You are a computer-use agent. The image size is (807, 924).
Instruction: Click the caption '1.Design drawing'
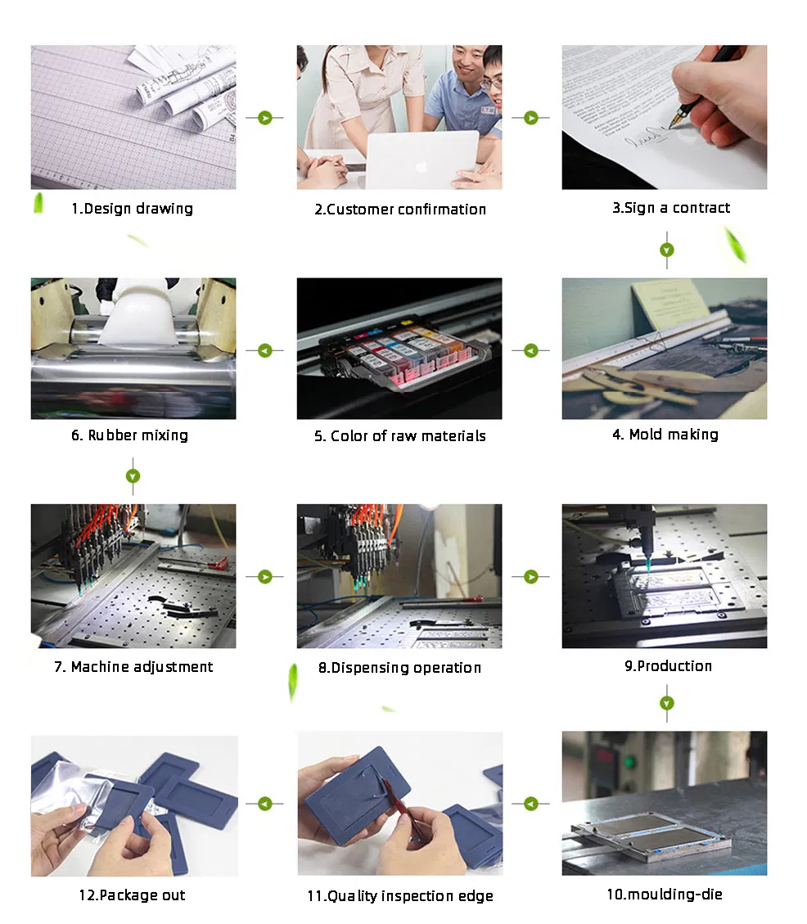132,209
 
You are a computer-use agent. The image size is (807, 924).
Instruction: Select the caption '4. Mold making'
665,435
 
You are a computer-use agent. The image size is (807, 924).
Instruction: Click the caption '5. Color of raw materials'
399,436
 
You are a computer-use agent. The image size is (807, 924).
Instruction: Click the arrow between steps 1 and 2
264,118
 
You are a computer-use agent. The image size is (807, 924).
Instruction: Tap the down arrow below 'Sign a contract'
667,250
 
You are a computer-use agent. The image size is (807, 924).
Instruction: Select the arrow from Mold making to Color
531,350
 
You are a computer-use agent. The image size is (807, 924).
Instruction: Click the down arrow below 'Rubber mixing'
133,476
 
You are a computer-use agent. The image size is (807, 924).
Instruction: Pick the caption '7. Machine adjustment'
133,667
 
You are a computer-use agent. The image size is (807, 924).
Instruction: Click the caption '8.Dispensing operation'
399,668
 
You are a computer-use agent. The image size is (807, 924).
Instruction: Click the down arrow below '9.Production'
667,703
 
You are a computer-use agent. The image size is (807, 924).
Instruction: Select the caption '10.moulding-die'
665,895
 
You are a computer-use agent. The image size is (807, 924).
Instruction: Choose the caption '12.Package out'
132,895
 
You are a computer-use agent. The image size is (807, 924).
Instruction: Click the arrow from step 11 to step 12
264,804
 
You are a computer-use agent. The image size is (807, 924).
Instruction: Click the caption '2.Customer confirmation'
399,210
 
